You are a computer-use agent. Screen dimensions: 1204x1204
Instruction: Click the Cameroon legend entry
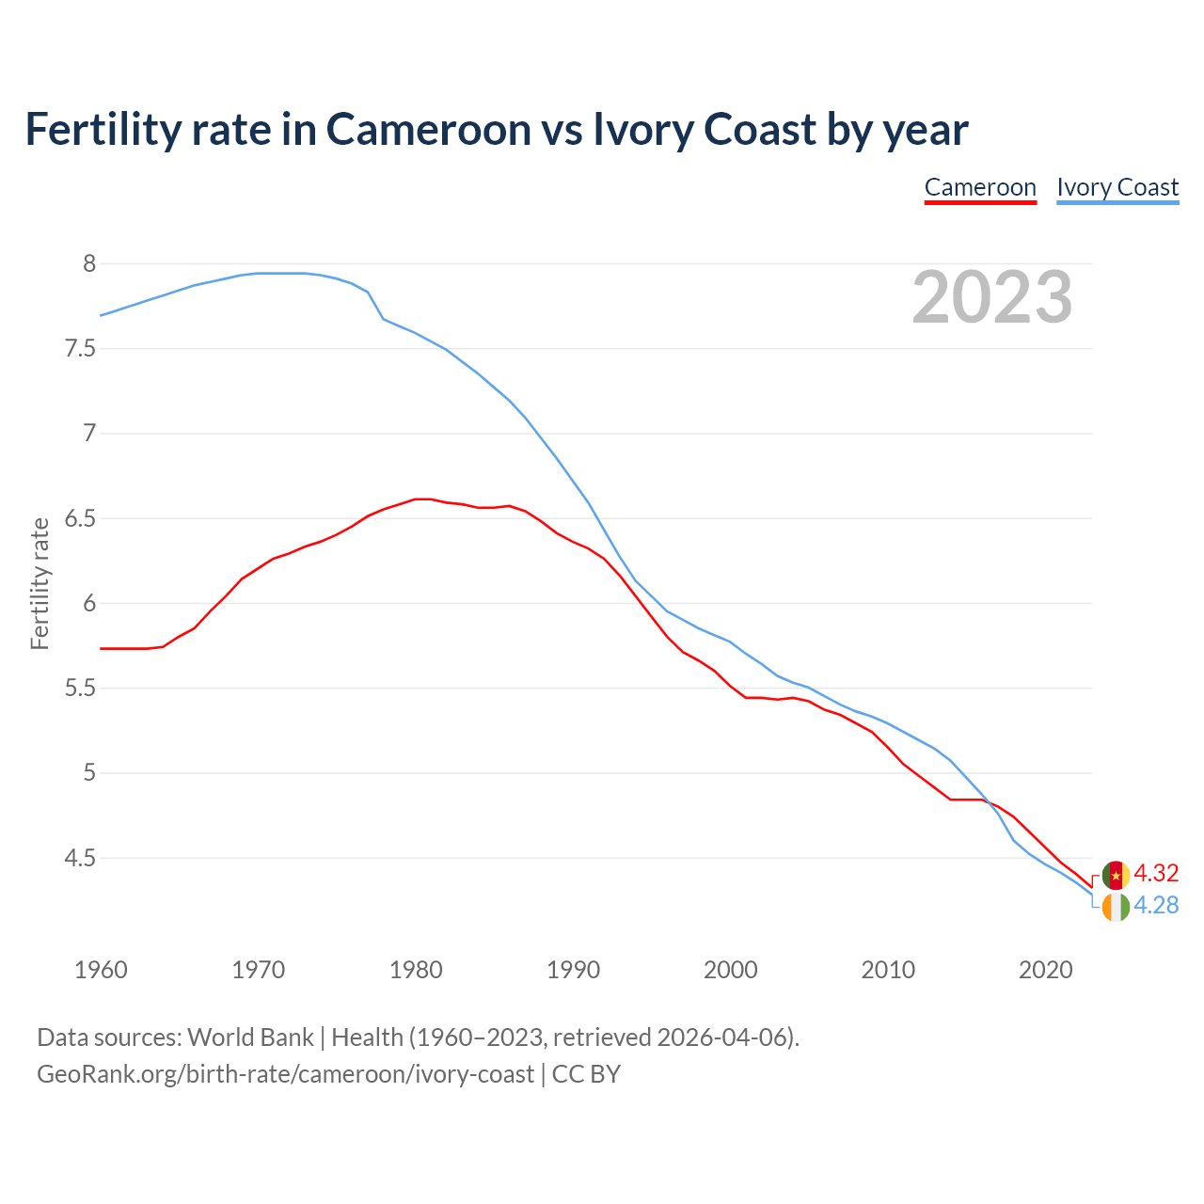(x=980, y=187)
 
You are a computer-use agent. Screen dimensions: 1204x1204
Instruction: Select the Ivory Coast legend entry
(x=1117, y=187)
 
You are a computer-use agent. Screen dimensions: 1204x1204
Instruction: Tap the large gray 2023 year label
(x=992, y=297)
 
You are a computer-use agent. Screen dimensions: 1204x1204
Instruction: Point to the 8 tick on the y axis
(x=89, y=264)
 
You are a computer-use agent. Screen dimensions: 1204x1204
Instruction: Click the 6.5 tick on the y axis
(x=80, y=519)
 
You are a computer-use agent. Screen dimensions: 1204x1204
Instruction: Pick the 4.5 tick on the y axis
(x=80, y=859)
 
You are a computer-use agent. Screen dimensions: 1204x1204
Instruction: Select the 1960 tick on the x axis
(x=101, y=970)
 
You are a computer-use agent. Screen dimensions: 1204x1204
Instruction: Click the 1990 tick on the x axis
(x=573, y=970)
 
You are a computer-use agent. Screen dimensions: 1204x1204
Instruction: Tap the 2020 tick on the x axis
(x=1045, y=970)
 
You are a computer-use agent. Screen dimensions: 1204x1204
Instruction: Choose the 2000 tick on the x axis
(x=731, y=970)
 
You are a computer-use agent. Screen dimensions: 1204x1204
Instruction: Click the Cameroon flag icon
(x=1116, y=875)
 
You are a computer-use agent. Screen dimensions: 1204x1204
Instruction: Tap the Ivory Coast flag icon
(x=1116, y=908)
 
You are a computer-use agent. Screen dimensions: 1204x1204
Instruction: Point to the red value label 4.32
(x=1156, y=873)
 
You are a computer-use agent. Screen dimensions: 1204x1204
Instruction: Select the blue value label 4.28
(x=1156, y=905)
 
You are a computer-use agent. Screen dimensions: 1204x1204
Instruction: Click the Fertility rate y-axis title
(x=40, y=583)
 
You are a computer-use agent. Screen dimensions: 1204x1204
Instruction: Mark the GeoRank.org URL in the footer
(x=285, y=1074)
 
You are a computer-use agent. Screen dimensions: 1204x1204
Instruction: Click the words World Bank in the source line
(x=250, y=1038)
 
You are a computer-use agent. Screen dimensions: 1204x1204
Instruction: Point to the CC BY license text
(x=586, y=1074)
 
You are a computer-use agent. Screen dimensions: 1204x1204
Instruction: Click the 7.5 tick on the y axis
(x=80, y=349)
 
